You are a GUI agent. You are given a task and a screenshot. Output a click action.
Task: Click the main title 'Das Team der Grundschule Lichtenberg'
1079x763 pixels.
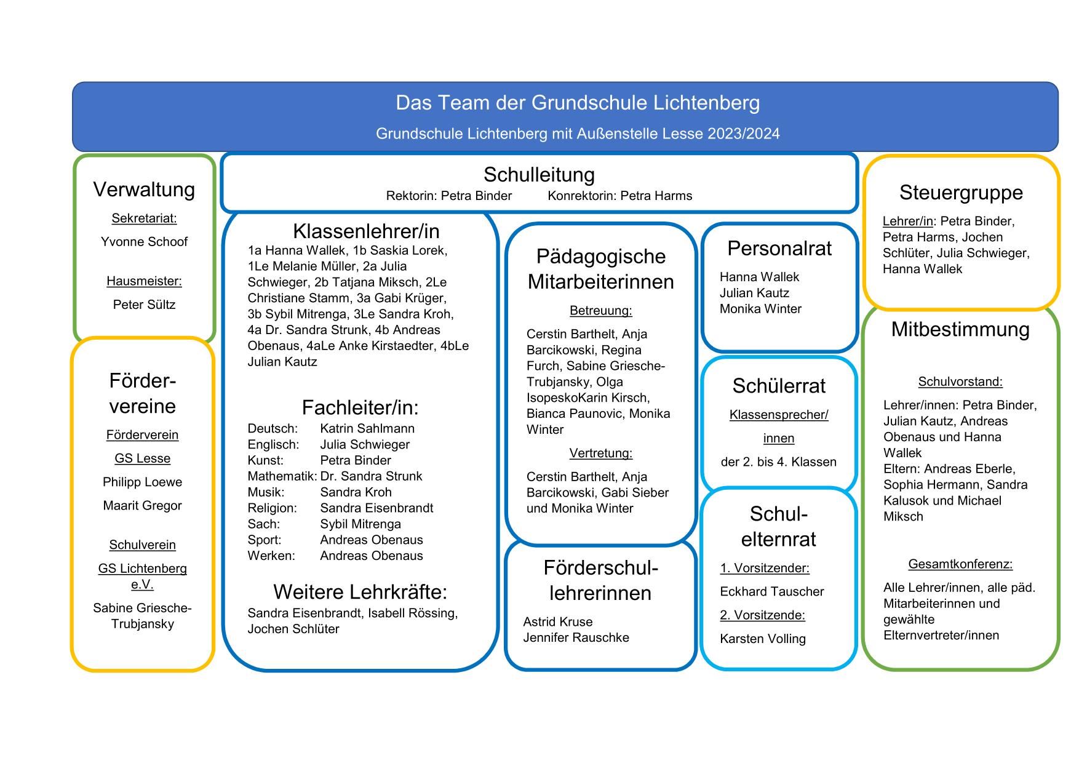577,103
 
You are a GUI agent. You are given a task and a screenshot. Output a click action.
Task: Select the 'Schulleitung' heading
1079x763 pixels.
539,175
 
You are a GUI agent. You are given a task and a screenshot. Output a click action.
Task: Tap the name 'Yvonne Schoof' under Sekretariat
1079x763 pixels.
144,242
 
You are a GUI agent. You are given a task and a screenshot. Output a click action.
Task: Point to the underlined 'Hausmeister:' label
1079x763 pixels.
144,281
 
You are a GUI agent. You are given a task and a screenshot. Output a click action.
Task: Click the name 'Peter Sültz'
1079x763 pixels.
144,305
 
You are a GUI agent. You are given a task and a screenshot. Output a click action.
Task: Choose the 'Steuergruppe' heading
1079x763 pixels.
960,193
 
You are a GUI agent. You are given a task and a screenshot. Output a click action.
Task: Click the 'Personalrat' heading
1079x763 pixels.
779,249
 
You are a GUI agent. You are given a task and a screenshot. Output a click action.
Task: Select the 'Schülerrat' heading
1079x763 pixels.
779,386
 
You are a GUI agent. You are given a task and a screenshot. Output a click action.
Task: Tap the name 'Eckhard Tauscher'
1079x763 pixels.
771,591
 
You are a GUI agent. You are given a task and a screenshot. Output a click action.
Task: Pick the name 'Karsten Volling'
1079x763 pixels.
762,639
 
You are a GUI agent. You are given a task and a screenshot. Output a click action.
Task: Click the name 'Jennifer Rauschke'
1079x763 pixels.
576,637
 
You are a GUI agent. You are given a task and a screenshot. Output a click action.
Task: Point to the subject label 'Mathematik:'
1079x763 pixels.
282,476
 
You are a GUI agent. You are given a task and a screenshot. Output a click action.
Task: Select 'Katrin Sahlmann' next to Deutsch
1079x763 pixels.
367,428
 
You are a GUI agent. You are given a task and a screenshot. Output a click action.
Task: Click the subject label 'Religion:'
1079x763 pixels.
272,508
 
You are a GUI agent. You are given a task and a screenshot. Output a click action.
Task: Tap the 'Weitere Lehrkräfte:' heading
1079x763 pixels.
360,592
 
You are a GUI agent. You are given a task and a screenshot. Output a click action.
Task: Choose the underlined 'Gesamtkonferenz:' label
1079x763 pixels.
960,564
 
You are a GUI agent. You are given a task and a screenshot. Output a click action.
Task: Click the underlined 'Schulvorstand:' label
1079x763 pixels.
960,382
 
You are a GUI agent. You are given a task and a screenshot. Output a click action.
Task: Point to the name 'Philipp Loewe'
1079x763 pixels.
142,482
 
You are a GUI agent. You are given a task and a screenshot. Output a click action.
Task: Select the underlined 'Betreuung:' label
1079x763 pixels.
600,311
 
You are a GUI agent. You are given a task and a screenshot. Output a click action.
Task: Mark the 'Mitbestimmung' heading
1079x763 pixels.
960,329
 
